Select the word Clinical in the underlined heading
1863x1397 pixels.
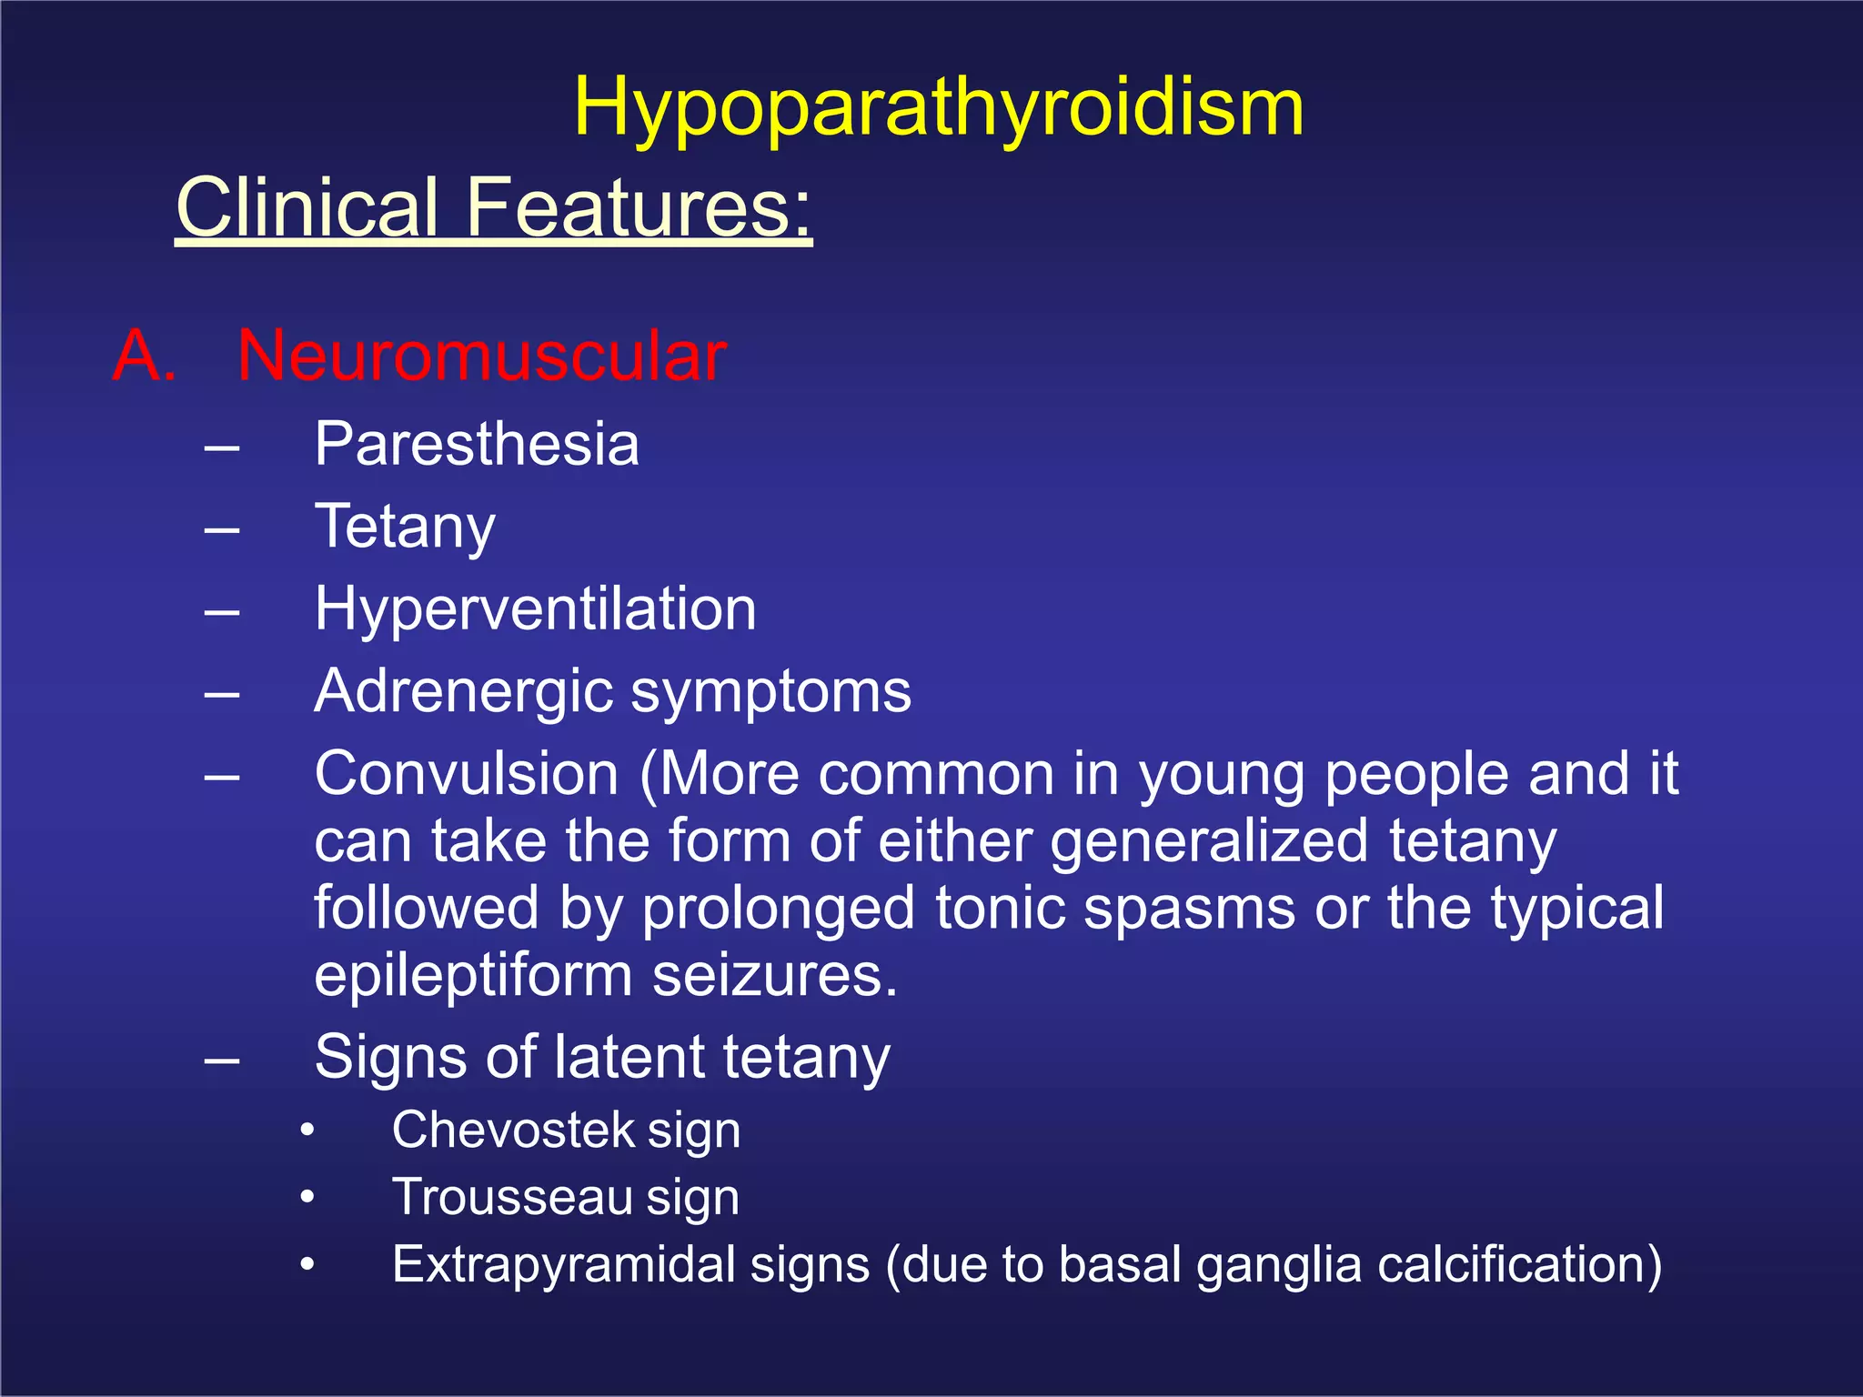click(x=307, y=207)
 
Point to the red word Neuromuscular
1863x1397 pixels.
click(x=482, y=355)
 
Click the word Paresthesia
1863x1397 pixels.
click(x=477, y=445)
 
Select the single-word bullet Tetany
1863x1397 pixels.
click(x=405, y=528)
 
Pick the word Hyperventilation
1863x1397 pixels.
click(x=535, y=608)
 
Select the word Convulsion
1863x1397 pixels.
click(x=467, y=774)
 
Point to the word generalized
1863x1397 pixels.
click(x=1209, y=842)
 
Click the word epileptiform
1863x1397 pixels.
click(x=473, y=976)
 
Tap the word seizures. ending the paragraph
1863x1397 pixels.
click(x=775, y=976)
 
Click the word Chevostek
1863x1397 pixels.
click(x=513, y=1131)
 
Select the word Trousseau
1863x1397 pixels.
click(x=512, y=1197)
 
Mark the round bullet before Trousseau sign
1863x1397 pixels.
click(x=308, y=1197)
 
